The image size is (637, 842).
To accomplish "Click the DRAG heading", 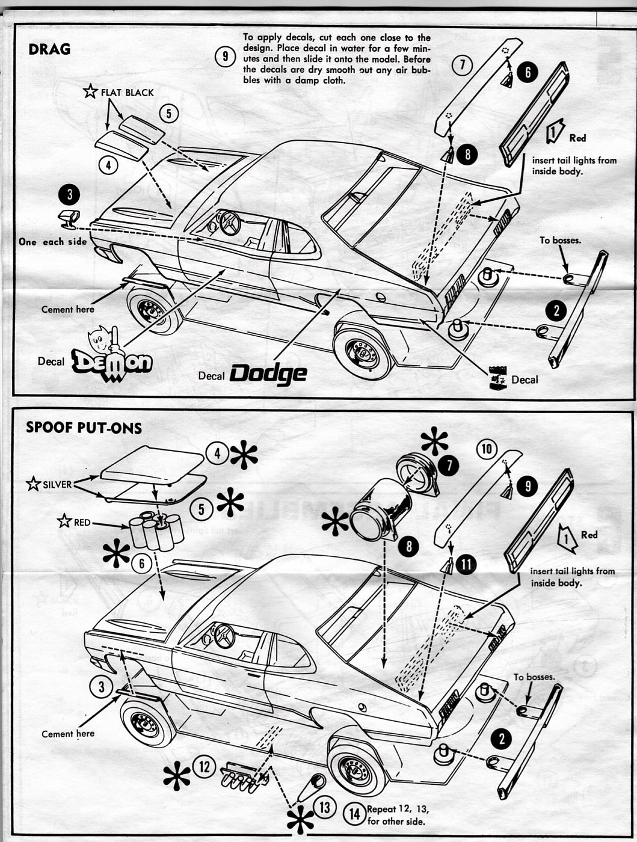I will [x=49, y=49].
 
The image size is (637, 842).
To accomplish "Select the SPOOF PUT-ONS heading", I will [x=84, y=428].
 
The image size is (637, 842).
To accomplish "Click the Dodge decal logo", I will [x=268, y=373].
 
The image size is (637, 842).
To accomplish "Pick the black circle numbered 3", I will [x=70, y=194].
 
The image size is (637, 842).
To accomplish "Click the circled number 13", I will [x=324, y=807].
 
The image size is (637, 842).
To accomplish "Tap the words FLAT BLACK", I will [x=127, y=93].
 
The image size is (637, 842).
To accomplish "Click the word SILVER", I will [x=57, y=484].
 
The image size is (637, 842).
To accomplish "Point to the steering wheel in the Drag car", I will [x=229, y=223].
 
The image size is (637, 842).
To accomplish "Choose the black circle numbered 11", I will [x=466, y=564].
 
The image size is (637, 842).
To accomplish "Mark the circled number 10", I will [x=487, y=449].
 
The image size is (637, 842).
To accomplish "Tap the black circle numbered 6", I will [x=527, y=73].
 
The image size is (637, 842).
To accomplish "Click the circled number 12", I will [x=204, y=766].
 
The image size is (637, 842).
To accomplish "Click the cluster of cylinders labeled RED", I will [x=156, y=529].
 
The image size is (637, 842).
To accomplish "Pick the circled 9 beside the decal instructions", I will [x=224, y=57].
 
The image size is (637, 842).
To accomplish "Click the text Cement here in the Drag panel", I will [x=67, y=309].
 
